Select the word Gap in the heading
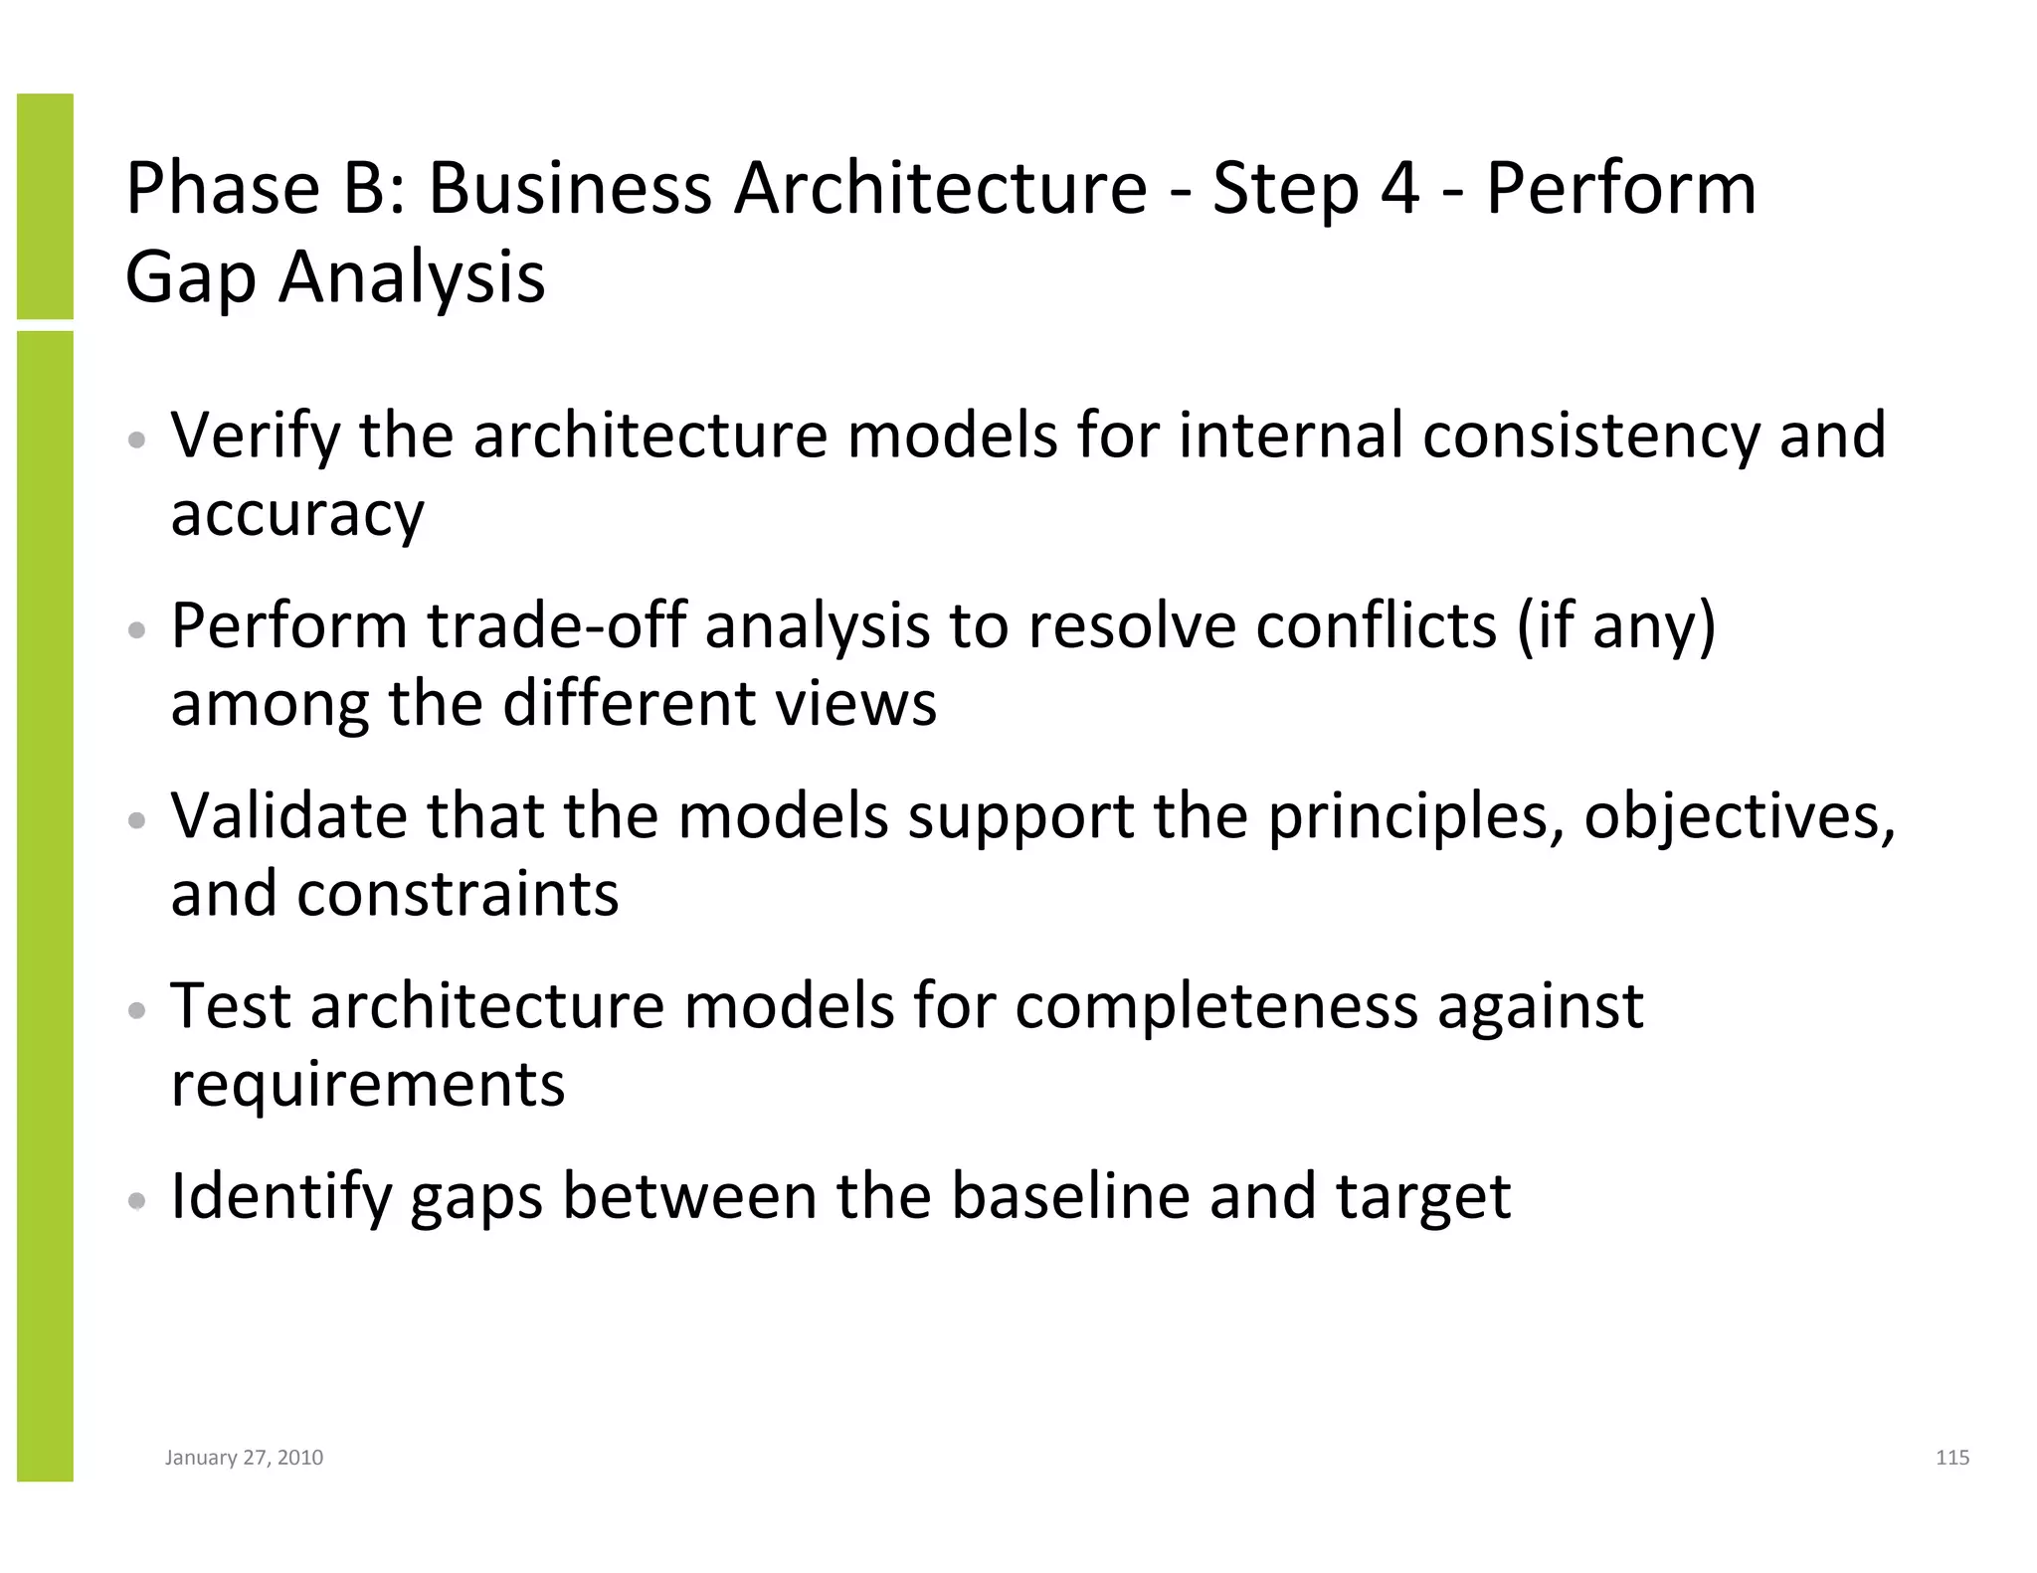(190, 278)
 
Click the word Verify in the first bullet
(255, 437)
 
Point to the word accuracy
(297, 515)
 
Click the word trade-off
(557, 626)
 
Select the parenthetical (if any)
(1616, 626)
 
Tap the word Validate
(288, 816)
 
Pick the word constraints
(457, 894)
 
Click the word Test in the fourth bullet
(230, 1006)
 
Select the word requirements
(367, 1085)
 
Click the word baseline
(1070, 1196)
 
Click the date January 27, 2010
(244, 1458)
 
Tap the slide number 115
(1952, 1458)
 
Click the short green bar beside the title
(45, 206)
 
